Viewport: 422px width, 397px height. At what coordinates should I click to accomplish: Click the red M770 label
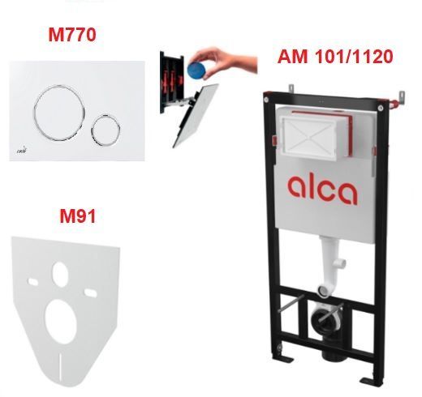tap(72, 35)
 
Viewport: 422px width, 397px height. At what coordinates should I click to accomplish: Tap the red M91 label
tap(78, 216)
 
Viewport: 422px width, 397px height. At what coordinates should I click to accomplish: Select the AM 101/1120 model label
tap(335, 57)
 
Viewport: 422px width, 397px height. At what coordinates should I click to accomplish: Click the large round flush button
tap(59, 113)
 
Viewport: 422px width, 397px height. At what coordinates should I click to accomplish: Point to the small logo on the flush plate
tap(22, 151)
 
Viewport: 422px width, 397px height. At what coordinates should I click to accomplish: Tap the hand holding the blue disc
tap(225, 61)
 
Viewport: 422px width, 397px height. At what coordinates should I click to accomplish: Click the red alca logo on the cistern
tap(322, 190)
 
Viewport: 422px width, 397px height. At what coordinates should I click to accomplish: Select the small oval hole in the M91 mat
tap(60, 275)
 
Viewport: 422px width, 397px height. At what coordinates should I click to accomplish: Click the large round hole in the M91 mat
tap(61, 322)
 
